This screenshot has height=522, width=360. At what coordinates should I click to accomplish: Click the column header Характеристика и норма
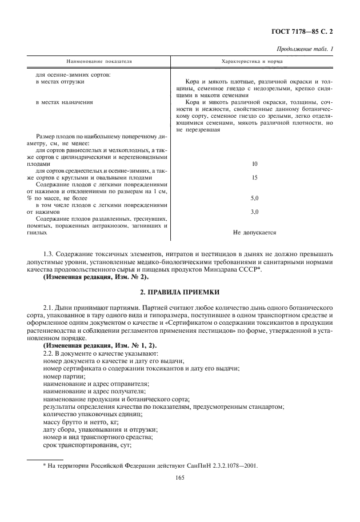(x=255, y=61)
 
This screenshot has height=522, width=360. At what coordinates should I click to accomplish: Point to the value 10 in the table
(x=255, y=164)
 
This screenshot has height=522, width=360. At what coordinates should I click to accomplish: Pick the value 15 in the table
(x=255, y=177)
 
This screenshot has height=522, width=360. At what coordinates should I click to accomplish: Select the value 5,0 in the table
(x=255, y=198)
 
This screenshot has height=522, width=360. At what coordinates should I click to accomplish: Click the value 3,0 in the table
(x=255, y=212)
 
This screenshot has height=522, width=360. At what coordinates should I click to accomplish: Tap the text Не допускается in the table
(x=255, y=233)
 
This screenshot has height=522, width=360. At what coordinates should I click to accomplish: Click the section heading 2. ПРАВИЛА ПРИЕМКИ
(x=180, y=292)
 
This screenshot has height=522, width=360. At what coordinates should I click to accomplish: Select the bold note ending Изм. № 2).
(x=96, y=277)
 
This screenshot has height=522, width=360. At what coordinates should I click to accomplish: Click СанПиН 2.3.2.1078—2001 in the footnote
(x=226, y=465)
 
